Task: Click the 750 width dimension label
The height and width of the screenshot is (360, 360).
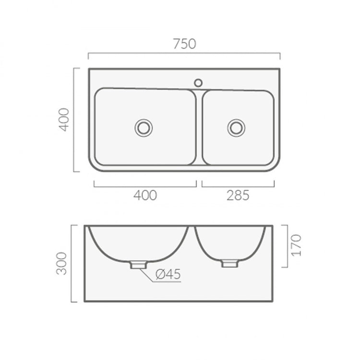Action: [x=185, y=44]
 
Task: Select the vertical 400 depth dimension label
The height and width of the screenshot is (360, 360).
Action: [x=63, y=120]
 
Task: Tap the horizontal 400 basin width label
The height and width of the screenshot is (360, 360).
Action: [x=145, y=195]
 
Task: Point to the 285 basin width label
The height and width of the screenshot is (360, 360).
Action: [x=238, y=195]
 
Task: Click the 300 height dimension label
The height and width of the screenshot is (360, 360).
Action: [x=61, y=264]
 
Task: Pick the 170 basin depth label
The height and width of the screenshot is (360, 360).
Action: [x=296, y=245]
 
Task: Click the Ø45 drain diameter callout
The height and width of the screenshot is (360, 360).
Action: [x=168, y=274]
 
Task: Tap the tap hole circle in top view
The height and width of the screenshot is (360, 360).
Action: [x=198, y=83]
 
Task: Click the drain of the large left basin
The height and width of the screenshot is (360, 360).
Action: [x=144, y=128]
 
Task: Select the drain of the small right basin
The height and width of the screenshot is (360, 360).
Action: [x=236, y=128]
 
